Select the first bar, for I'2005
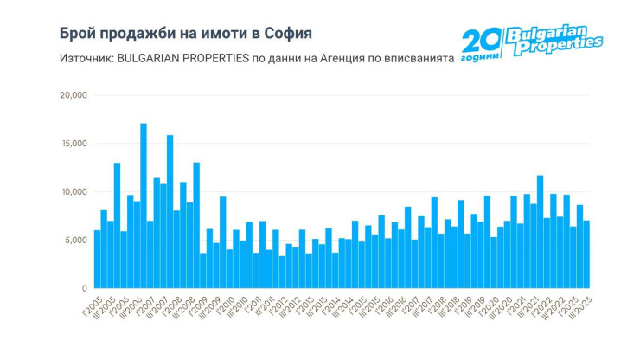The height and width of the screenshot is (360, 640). coord(98,260)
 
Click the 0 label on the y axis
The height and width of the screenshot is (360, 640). coord(84,288)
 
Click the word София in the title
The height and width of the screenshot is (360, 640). coord(285,33)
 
